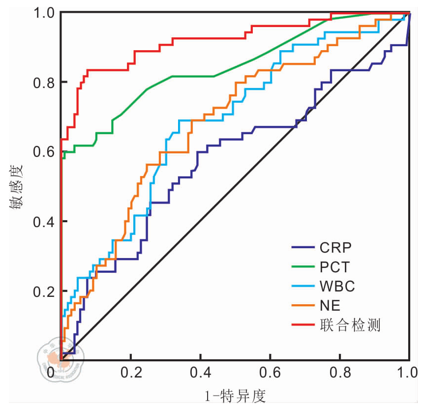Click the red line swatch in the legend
[301, 325]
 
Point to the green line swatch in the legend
[301, 267]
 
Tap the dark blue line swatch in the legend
[301, 247]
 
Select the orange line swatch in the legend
[301, 305]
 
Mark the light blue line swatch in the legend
[301, 286]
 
